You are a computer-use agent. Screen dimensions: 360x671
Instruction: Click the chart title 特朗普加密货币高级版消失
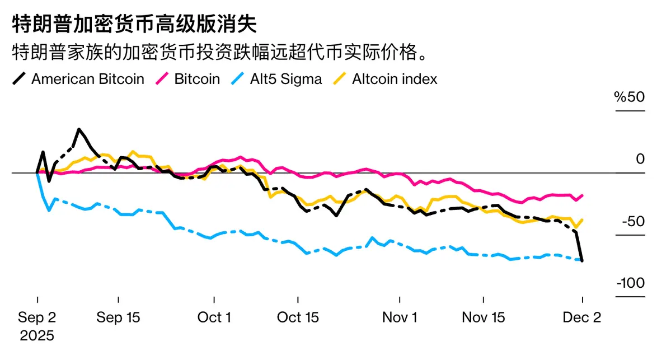pyautogui.click(x=134, y=25)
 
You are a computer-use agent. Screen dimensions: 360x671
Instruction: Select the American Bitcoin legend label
pyautogui.click(x=88, y=79)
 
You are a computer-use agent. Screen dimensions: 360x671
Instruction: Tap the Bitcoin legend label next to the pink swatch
pyautogui.click(x=197, y=79)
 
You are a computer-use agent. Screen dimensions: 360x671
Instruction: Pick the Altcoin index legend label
pyautogui.click(x=395, y=79)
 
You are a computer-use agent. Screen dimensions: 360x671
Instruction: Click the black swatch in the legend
pyautogui.click(x=19, y=79)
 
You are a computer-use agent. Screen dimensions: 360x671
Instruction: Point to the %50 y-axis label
pyautogui.click(x=630, y=97)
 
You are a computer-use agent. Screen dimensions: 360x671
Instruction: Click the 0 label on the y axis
pyautogui.click(x=640, y=159)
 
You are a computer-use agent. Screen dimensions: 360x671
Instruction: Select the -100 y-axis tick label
pyautogui.click(x=631, y=283)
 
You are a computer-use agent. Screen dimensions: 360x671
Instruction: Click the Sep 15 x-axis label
pyautogui.click(x=118, y=318)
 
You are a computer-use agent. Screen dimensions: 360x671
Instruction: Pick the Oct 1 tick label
pyautogui.click(x=214, y=318)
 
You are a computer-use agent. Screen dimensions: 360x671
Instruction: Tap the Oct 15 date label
pyautogui.click(x=298, y=318)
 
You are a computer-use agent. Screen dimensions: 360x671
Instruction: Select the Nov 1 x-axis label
pyautogui.click(x=400, y=318)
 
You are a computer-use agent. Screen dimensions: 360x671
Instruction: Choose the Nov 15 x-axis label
pyautogui.click(x=484, y=318)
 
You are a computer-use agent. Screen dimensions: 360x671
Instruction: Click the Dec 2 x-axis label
pyautogui.click(x=582, y=318)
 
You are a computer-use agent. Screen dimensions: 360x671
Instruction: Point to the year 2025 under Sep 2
pyautogui.click(x=37, y=336)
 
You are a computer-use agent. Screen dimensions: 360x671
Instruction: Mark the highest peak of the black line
pyautogui.click(x=79, y=129)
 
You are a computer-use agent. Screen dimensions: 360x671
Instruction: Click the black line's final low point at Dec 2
pyautogui.click(x=582, y=261)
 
